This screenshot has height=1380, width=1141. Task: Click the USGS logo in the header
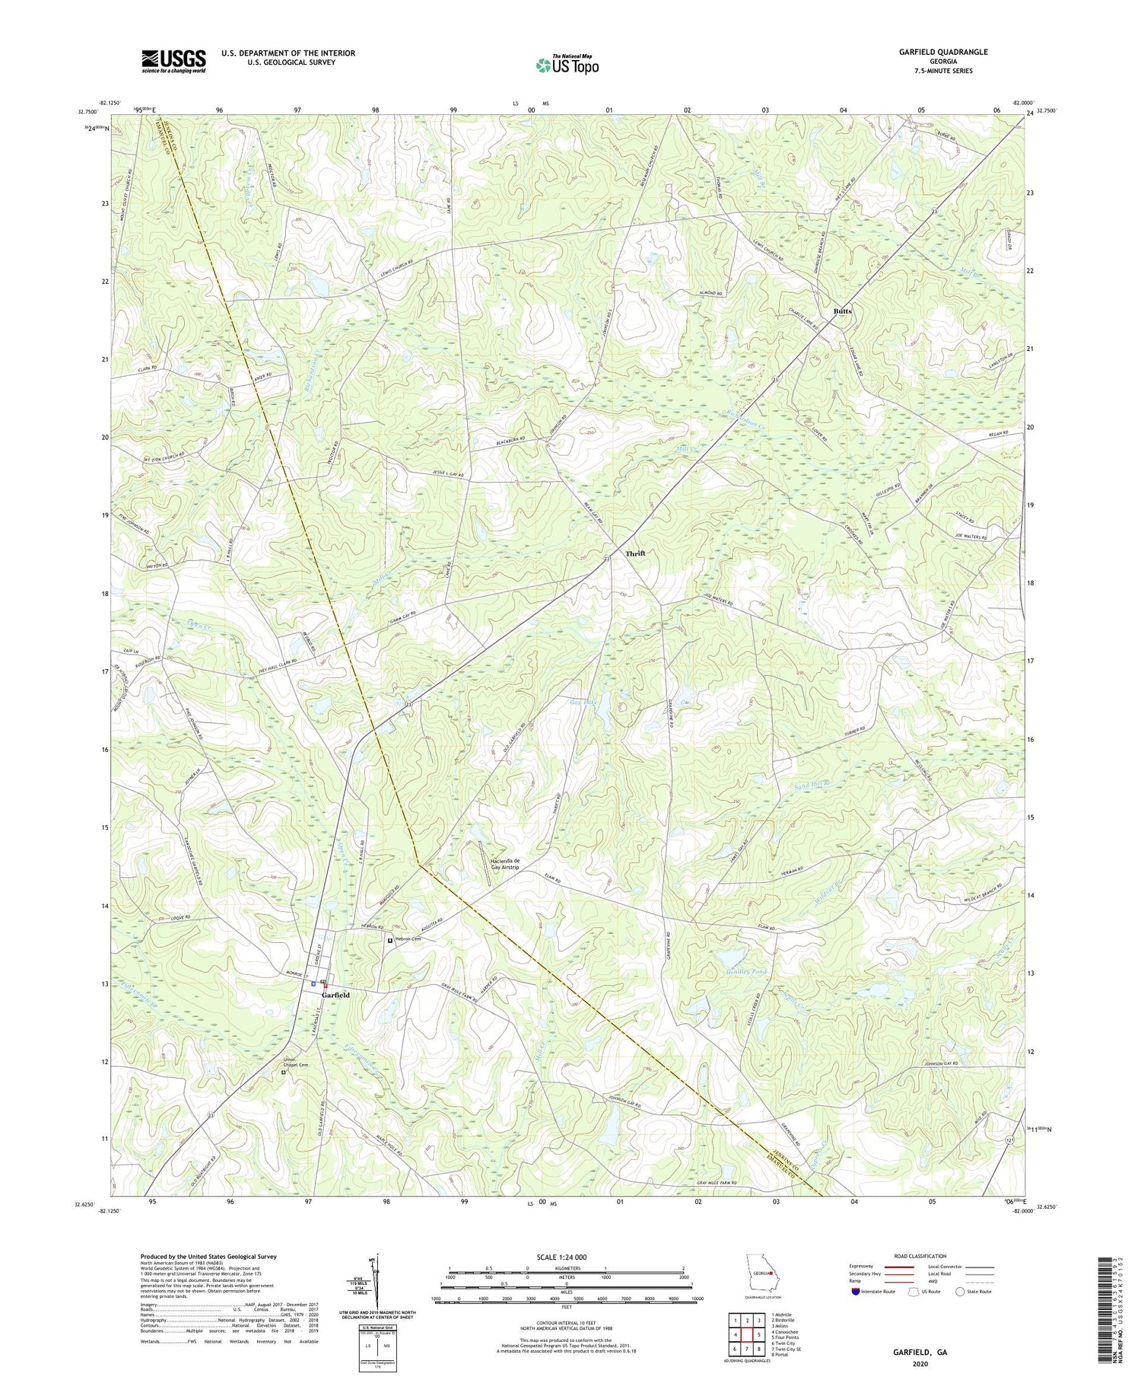pyautogui.click(x=173, y=61)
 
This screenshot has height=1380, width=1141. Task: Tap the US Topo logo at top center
pyautogui.click(x=567, y=65)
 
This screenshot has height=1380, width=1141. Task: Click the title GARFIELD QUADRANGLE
pyautogui.click(x=943, y=52)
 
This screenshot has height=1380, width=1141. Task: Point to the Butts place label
pyautogui.click(x=842, y=311)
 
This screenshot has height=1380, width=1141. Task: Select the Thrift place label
pyautogui.click(x=635, y=553)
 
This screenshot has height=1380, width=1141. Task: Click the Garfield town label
pyautogui.click(x=335, y=995)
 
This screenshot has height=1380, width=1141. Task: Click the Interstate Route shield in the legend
pyautogui.click(x=856, y=1292)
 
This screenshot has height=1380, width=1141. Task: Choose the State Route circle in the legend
pyautogui.click(x=960, y=1292)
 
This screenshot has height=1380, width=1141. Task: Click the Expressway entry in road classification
pyautogui.click(x=860, y=1267)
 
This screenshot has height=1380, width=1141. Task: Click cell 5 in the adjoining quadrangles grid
pyautogui.click(x=760, y=1335)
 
